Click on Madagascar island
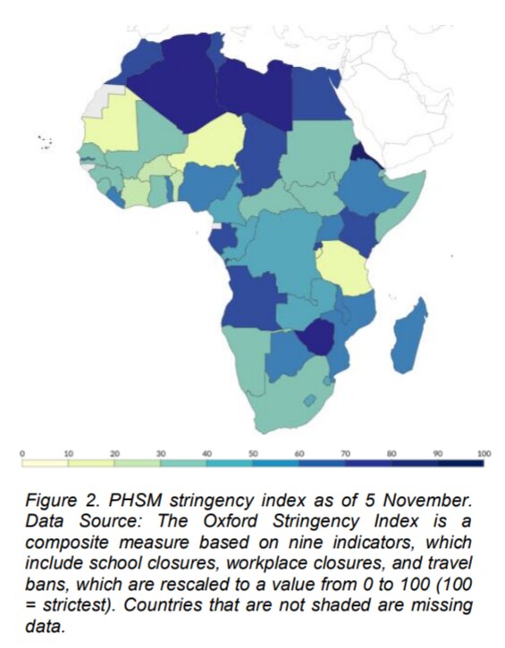409,336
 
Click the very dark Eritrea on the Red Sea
364,155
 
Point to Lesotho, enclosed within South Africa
309,400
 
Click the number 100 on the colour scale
484,453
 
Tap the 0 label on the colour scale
22,453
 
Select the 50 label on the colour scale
253,453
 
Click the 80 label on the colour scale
391,453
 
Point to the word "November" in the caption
426,501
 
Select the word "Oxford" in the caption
230,521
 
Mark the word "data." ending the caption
45,626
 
